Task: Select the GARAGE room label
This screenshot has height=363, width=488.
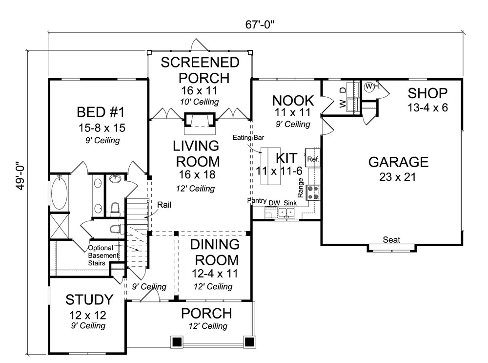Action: click(x=398, y=162)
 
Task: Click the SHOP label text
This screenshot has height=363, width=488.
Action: click(x=427, y=93)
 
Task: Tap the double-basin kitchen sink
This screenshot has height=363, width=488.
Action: click(x=287, y=213)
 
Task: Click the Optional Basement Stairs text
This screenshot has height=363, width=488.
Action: click(x=104, y=255)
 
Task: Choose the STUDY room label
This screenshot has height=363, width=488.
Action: click(x=89, y=299)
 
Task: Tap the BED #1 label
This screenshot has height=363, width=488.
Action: click(x=100, y=112)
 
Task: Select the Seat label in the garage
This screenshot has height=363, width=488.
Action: click(x=391, y=240)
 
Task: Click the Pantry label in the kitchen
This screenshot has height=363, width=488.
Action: click(x=256, y=201)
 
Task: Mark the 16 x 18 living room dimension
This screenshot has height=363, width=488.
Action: click(x=198, y=175)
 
